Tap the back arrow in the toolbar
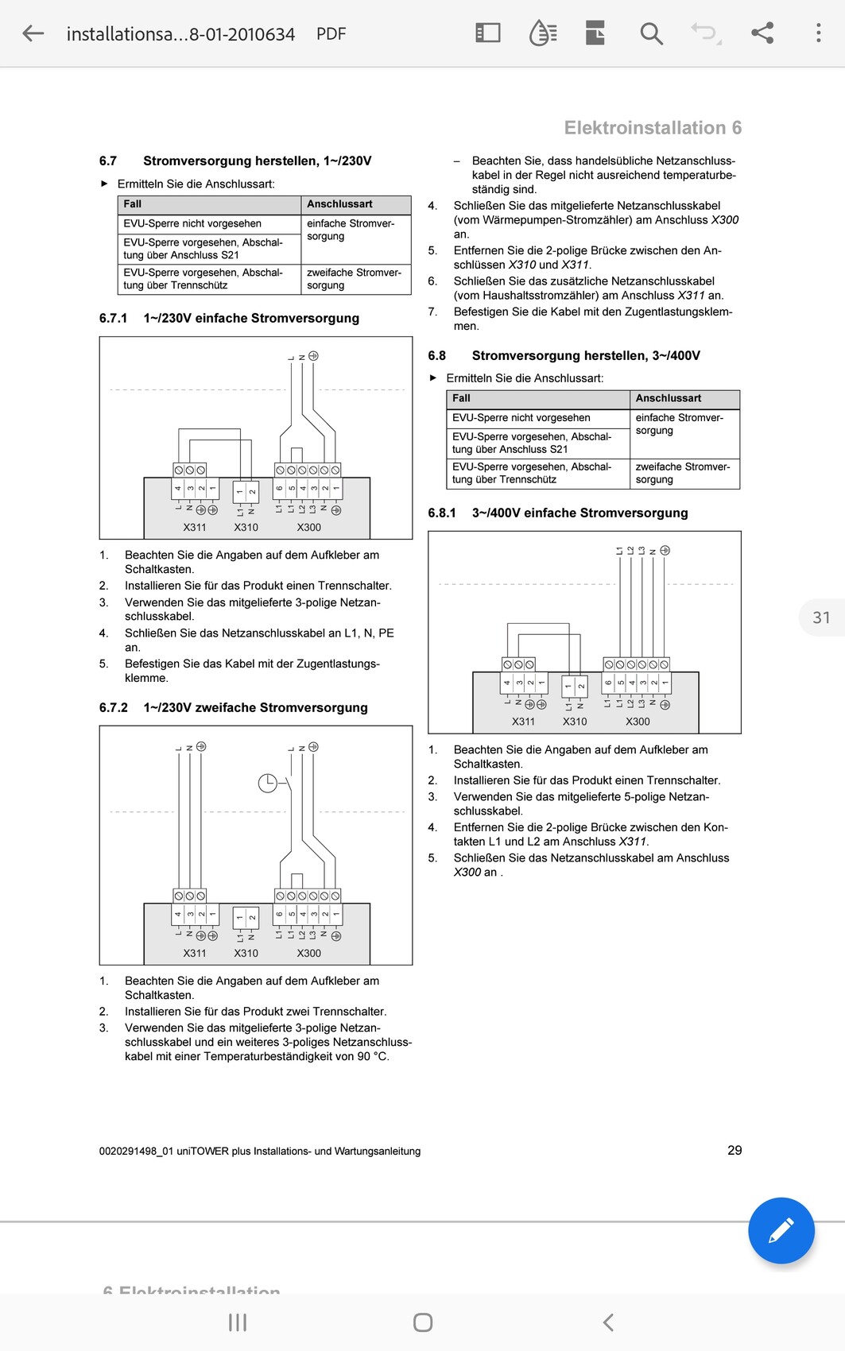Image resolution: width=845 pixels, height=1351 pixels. click(33, 33)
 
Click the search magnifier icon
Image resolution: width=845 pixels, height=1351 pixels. click(651, 33)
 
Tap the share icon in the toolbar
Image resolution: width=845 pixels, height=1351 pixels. click(762, 33)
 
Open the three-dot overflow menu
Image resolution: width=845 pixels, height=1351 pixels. click(818, 33)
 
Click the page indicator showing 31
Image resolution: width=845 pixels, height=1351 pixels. click(821, 617)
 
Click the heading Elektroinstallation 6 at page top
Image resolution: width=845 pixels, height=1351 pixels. click(653, 128)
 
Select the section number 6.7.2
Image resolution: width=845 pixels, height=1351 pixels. click(113, 707)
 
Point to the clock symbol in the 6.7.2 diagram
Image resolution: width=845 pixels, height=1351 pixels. click(268, 783)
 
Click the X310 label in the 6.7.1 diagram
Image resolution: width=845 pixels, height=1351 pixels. click(246, 527)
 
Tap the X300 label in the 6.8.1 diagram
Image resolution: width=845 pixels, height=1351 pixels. click(638, 722)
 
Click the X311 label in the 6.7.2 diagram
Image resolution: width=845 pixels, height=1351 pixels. click(195, 953)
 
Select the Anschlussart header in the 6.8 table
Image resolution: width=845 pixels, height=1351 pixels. click(669, 398)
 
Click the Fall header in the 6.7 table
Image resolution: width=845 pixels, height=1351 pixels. click(133, 204)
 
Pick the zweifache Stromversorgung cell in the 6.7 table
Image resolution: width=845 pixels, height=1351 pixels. click(354, 279)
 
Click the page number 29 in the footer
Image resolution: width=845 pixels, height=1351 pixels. click(735, 1150)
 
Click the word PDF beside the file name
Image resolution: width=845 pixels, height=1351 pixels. click(331, 34)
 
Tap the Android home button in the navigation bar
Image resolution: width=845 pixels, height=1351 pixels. click(423, 1322)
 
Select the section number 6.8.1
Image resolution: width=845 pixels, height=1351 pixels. click(442, 513)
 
